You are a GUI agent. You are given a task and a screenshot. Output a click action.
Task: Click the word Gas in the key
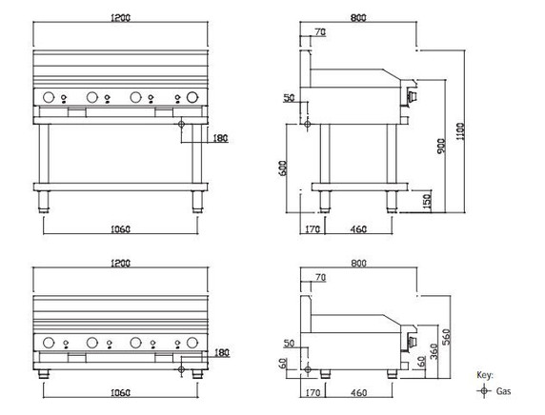click(x=504, y=390)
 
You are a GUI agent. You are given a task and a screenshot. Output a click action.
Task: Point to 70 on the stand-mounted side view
click(x=319, y=33)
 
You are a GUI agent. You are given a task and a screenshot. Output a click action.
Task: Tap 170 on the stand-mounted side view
click(x=310, y=228)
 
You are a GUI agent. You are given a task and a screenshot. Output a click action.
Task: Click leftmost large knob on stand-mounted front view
click(x=48, y=96)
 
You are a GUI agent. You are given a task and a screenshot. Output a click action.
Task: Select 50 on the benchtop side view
click(x=290, y=343)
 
